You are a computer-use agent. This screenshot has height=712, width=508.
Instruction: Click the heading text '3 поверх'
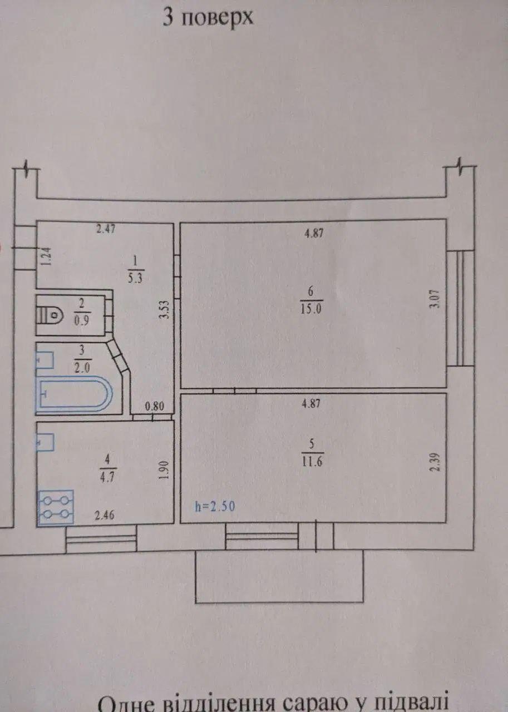(x=208, y=17)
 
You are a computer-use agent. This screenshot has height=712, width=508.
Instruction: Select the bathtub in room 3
(x=75, y=394)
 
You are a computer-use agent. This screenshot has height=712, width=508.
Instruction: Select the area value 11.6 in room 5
(x=312, y=461)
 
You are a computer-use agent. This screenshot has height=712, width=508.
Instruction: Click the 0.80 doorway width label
(x=154, y=407)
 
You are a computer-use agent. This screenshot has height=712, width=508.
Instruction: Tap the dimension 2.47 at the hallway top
(x=106, y=229)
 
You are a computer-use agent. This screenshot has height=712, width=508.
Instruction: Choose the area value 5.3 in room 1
(x=135, y=278)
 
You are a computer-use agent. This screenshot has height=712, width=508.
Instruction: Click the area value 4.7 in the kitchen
(x=108, y=478)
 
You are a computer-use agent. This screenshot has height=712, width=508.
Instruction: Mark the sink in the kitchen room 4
(x=46, y=442)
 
